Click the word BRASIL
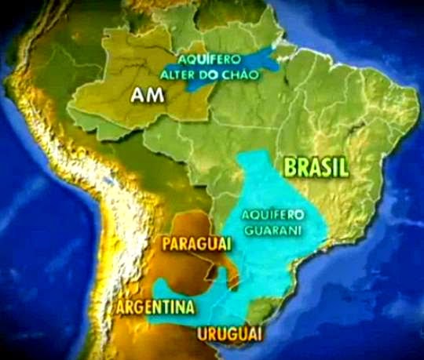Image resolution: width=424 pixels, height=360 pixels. [x=316, y=167]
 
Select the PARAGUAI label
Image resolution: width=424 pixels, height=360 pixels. [x=196, y=244]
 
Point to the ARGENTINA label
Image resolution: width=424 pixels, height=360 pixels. [x=155, y=306]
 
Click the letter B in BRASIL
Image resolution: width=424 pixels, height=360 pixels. [x=290, y=167]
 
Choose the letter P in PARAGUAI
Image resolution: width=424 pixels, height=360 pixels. [x=166, y=244]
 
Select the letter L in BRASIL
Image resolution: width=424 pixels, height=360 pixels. [x=345, y=167]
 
